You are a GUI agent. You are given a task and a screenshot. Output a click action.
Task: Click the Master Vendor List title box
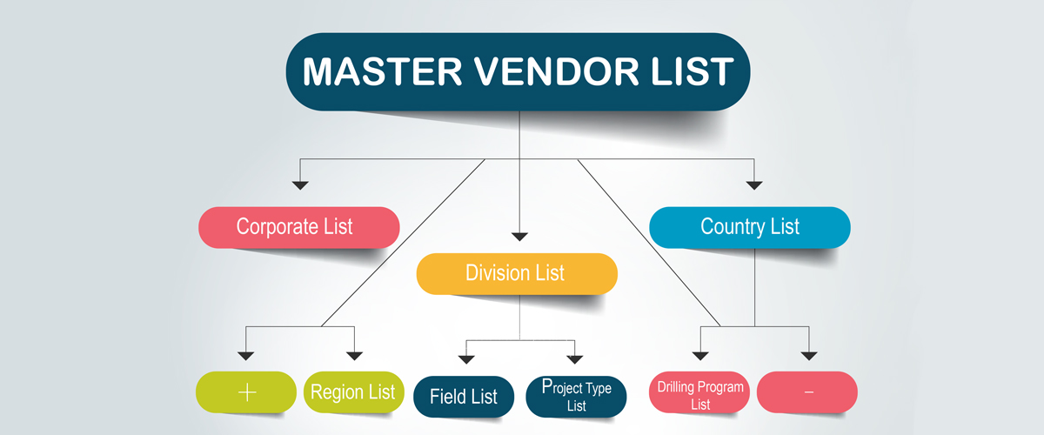518,71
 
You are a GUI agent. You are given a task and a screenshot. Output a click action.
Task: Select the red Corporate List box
298,227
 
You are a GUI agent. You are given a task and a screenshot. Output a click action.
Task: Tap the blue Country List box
750,227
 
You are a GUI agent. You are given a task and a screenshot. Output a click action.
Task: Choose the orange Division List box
517,273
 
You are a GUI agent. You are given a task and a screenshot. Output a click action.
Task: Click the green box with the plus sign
246,391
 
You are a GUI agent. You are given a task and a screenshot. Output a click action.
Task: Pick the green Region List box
353,391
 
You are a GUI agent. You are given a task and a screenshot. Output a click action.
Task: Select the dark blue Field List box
464,397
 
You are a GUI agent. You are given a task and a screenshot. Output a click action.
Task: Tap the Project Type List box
576,397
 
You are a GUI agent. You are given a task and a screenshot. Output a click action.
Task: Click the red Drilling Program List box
700,394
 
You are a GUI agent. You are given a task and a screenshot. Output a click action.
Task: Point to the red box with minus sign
807,392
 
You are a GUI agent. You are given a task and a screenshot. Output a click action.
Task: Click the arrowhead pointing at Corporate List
300,184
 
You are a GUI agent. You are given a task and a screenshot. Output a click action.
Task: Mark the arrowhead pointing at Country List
754,184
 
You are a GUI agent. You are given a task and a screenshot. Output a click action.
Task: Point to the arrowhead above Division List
519,235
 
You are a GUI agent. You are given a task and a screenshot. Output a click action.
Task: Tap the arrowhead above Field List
466,357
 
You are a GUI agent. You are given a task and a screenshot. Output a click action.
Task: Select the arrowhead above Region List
354,355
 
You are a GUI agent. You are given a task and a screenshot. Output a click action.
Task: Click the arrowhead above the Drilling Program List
700,355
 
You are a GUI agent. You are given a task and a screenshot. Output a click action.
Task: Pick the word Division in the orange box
493,273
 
